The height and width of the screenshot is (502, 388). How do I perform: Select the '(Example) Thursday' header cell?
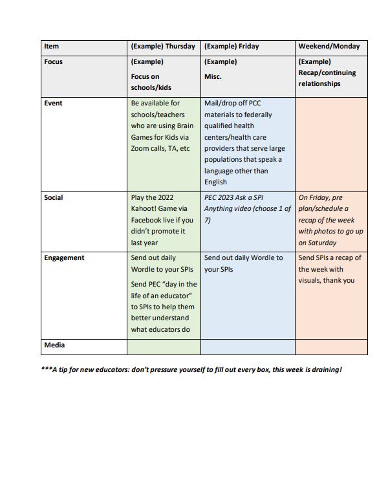[x=162, y=47]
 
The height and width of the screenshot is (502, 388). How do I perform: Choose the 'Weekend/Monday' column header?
[x=329, y=47]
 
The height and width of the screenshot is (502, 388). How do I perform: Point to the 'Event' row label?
[x=53, y=104]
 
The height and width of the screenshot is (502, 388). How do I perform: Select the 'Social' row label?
[x=54, y=197]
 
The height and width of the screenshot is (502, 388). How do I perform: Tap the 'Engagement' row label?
[x=64, y=257]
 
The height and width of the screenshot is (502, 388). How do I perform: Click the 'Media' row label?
[x=54, y=345]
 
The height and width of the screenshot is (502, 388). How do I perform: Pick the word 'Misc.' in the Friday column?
[x=213, y=76]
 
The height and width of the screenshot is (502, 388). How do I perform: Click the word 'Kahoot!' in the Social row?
[x=146, y=209]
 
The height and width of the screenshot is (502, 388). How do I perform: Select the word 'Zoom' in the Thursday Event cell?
[x=142, y=149]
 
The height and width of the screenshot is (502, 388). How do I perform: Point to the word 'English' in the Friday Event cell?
[x=216, y=182]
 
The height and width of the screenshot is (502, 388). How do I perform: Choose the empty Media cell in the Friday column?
[x=248, y=347]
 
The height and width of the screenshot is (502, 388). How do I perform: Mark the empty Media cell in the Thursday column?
[x=164, y=347]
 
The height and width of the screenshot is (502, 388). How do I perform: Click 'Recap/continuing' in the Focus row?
[x=327, y=73]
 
